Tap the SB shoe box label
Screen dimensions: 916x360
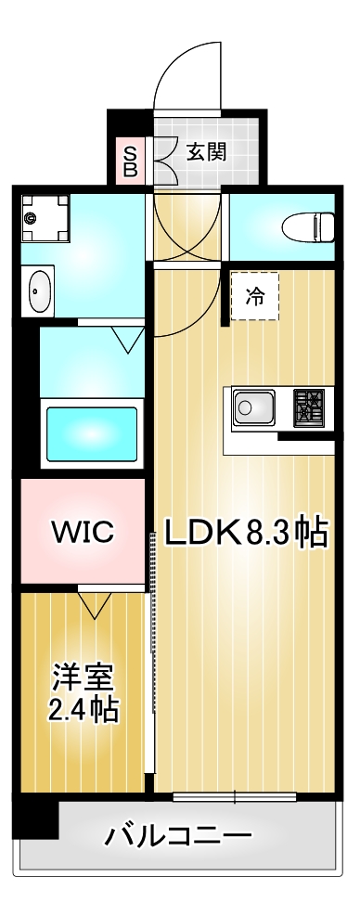tap(130, 161)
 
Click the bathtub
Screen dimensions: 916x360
tap(91, 433)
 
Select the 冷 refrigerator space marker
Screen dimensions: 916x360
tap(253, 297)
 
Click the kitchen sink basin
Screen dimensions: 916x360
tap(254, 407)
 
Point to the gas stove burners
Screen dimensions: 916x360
tap(309, 407)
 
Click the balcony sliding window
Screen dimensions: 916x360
tap(234, 795)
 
